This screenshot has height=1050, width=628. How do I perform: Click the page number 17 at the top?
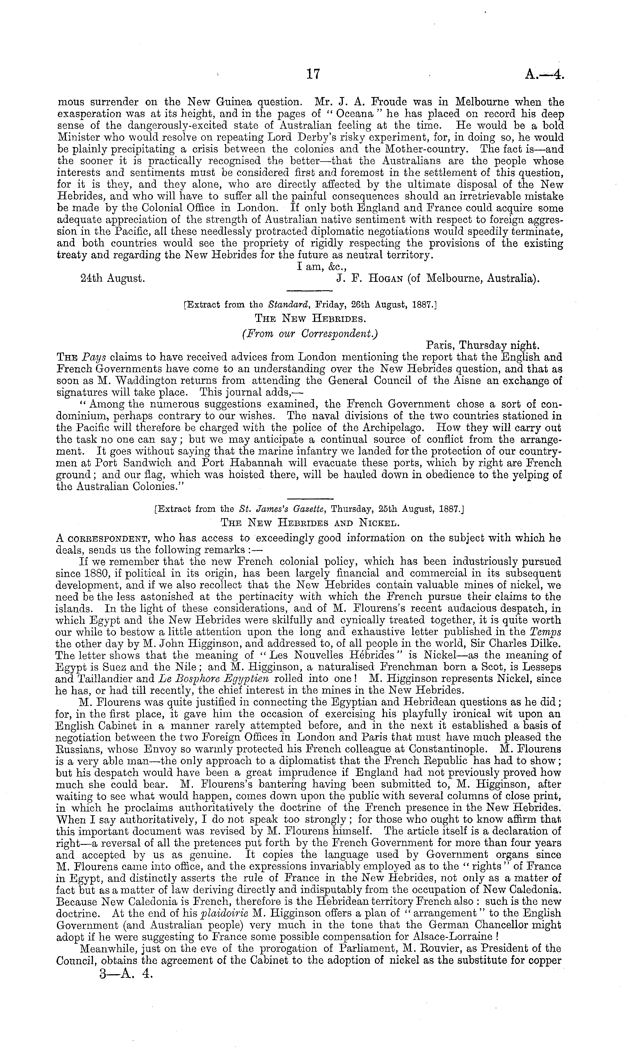(x=313, y=74)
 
